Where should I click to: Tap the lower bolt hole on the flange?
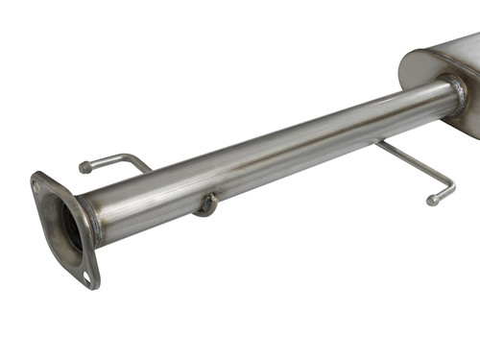click(x=87, y=277)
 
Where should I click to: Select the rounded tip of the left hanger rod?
click(x=85, y=167)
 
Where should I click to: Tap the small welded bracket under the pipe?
click(x=204, y=204)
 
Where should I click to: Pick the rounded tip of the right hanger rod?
click(x=434, y=200)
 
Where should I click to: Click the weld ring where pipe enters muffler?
click(x=455, y=92)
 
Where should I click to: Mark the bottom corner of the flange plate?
click(x=94, y=285)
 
